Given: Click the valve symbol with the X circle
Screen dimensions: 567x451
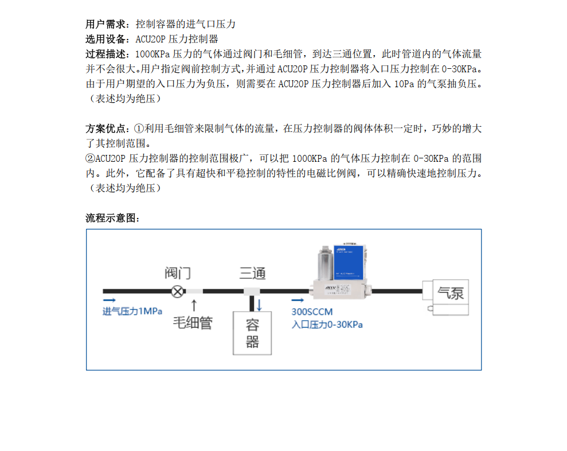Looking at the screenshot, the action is point(178,291).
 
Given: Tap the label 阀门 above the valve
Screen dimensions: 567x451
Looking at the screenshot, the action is point(178,273).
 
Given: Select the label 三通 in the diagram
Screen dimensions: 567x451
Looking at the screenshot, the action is point(252,273).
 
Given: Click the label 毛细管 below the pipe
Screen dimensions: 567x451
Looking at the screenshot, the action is point(193,322).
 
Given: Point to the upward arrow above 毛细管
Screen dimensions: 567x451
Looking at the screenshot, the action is point(194,305).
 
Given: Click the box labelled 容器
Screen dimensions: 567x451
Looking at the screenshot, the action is point(252,333).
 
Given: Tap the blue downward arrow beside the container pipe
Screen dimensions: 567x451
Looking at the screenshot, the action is point(259,305).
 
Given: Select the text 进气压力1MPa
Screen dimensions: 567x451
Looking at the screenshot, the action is point(132,312).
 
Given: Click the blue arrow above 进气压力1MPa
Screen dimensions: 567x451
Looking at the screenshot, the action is point(109,300).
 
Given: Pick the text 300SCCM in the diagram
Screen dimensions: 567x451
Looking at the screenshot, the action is point(312,312).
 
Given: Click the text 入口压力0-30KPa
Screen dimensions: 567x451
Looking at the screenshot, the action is point(327,325).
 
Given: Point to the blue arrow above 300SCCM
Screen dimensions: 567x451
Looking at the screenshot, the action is point(298,300).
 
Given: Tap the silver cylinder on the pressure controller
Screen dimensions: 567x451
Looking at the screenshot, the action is point(325,263).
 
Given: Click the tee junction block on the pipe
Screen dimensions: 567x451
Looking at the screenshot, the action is point(252,291).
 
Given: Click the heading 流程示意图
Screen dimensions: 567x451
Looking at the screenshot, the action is point(112,218).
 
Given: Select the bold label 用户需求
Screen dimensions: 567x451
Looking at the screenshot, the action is point(105,24).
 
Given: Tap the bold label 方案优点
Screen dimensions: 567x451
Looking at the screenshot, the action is point(105,129).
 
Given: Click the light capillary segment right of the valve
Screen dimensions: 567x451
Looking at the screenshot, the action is point(194,291).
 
